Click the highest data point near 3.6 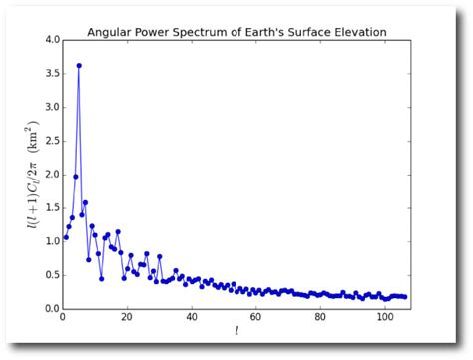click(x=79, y=66)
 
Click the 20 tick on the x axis click(x=127, y=320)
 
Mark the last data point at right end click(x=404, y=297)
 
